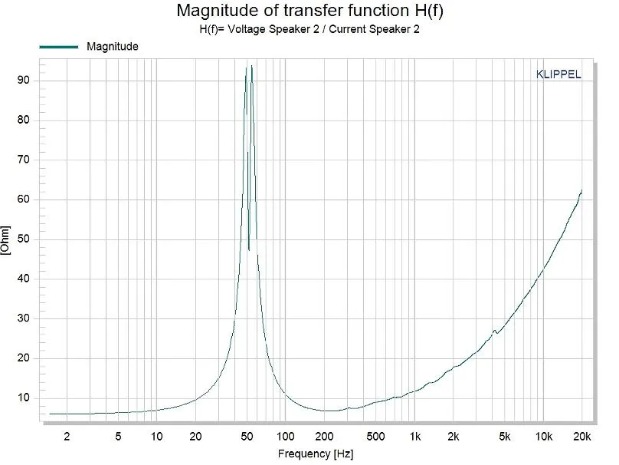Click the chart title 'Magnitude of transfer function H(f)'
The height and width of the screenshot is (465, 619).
(309, 11)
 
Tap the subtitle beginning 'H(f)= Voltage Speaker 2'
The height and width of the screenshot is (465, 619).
(309, 30)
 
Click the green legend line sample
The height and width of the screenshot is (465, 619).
(58, 47)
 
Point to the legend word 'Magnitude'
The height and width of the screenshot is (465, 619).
(113, 47)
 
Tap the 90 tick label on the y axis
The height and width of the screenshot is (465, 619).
(23, 81)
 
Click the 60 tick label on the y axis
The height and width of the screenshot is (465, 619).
(23, 200)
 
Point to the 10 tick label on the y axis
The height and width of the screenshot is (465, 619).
(23, 397)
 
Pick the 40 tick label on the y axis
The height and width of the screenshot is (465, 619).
(23, 279)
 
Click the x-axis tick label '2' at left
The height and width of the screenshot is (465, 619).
(67, 437)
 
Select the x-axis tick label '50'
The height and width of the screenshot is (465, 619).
(247, 437)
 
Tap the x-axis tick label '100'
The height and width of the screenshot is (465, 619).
(285, 437)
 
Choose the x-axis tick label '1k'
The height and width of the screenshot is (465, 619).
(414, 437)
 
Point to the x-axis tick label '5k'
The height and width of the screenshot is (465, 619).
(505, 437)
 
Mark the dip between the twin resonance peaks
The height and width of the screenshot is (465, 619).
(249, 249)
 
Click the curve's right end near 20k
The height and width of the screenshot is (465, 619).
(581, 191)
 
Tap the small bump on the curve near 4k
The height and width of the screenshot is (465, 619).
(494, 331)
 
